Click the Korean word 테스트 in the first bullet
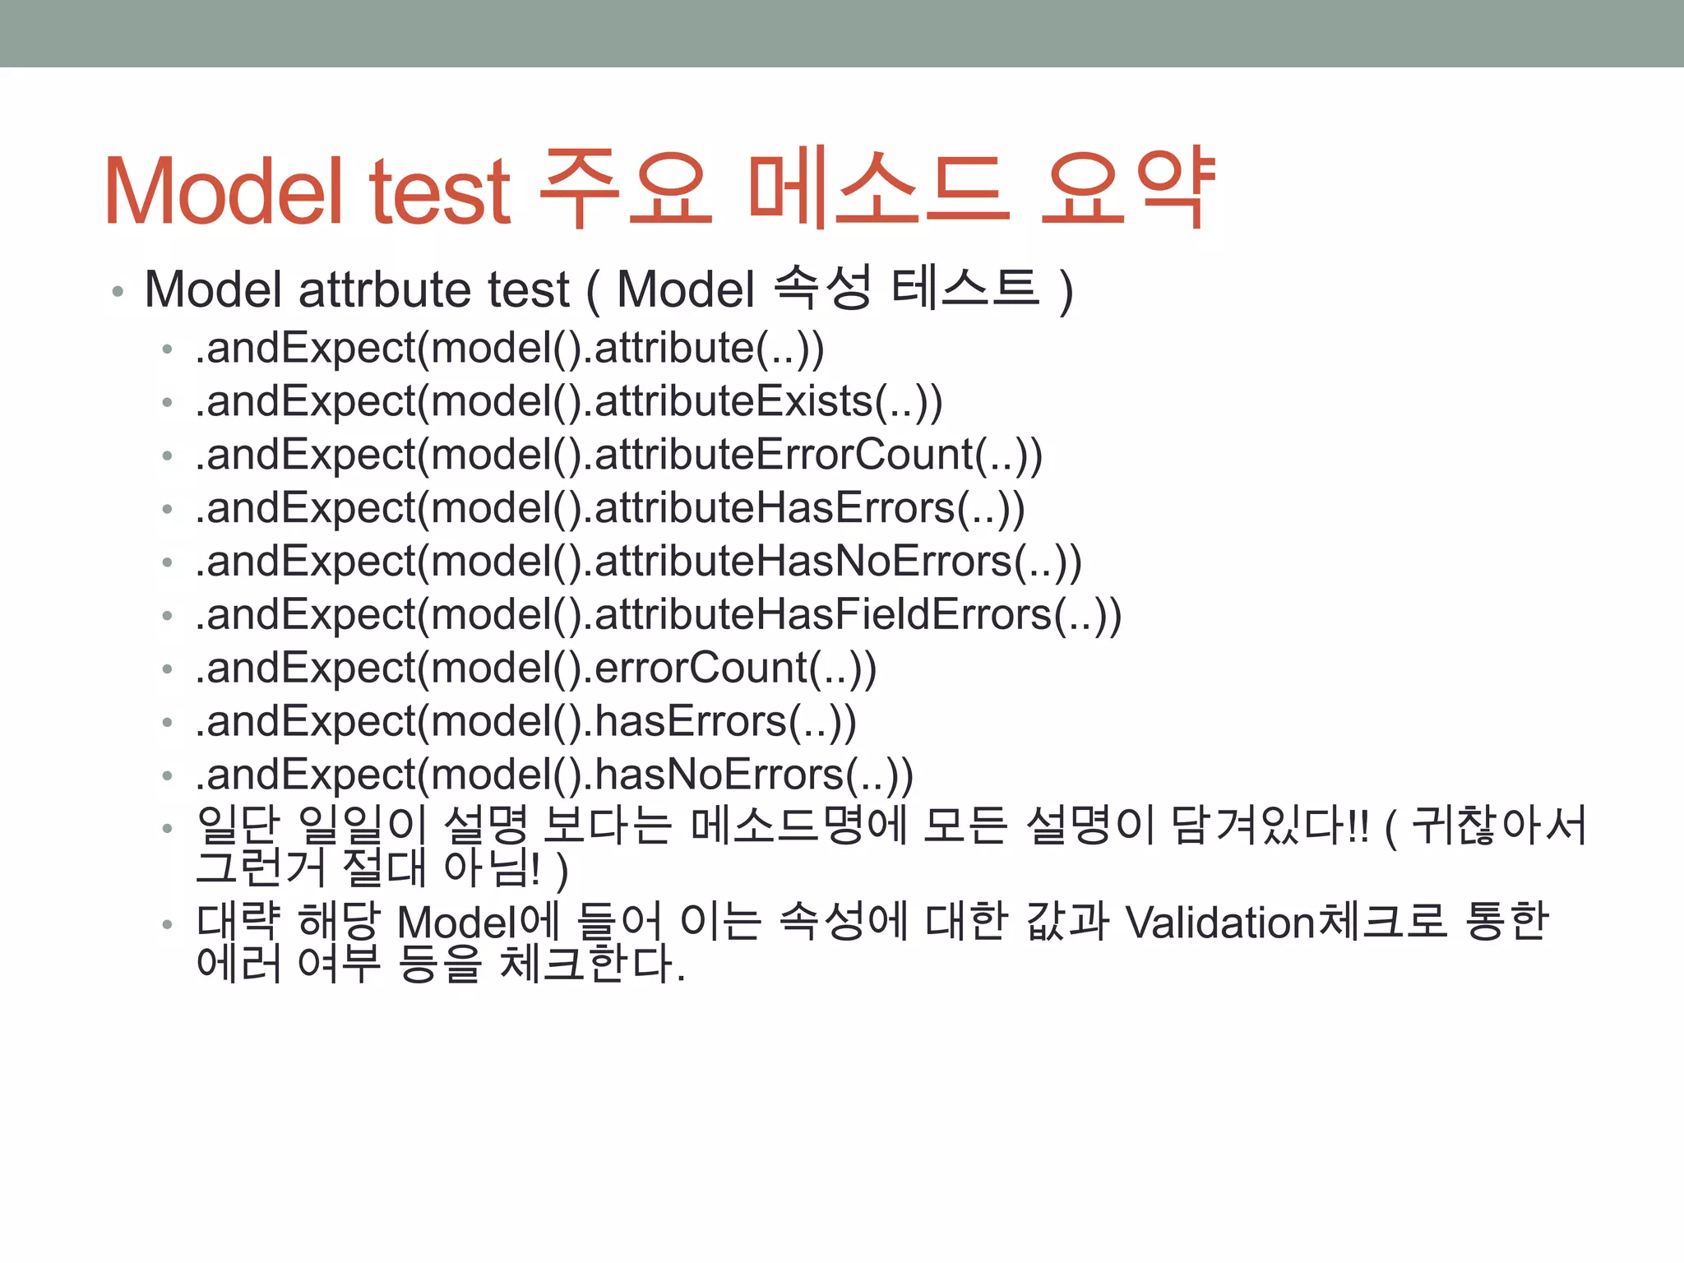coord(965,289)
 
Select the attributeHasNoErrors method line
coord(638,562)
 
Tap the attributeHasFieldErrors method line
coord(658,616)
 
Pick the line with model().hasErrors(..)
coord(526,722)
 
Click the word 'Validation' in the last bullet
coord(1220,923)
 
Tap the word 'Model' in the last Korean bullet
coord(457,923)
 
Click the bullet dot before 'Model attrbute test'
coord(118,292)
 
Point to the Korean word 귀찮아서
coord(1498,826)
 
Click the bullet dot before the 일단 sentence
coord(168,828)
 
